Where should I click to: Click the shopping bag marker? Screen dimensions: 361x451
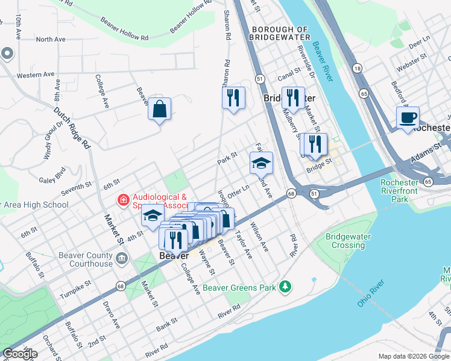[159, 110]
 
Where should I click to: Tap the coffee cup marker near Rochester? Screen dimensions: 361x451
[408, 117]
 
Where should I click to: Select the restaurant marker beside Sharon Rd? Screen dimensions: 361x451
[233, 97]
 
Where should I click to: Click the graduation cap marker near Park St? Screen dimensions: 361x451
[261, 163]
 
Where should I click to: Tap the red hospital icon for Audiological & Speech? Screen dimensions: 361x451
[122, 199]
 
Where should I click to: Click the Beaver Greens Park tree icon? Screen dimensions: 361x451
[285, 287]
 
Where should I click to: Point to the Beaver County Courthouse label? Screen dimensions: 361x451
[86, 259]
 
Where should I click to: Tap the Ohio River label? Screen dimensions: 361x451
[370, 293]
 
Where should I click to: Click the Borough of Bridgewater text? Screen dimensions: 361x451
[280, 33]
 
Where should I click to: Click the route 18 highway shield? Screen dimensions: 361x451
[358, 69]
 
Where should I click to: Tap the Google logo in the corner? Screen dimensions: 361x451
[20, 354]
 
